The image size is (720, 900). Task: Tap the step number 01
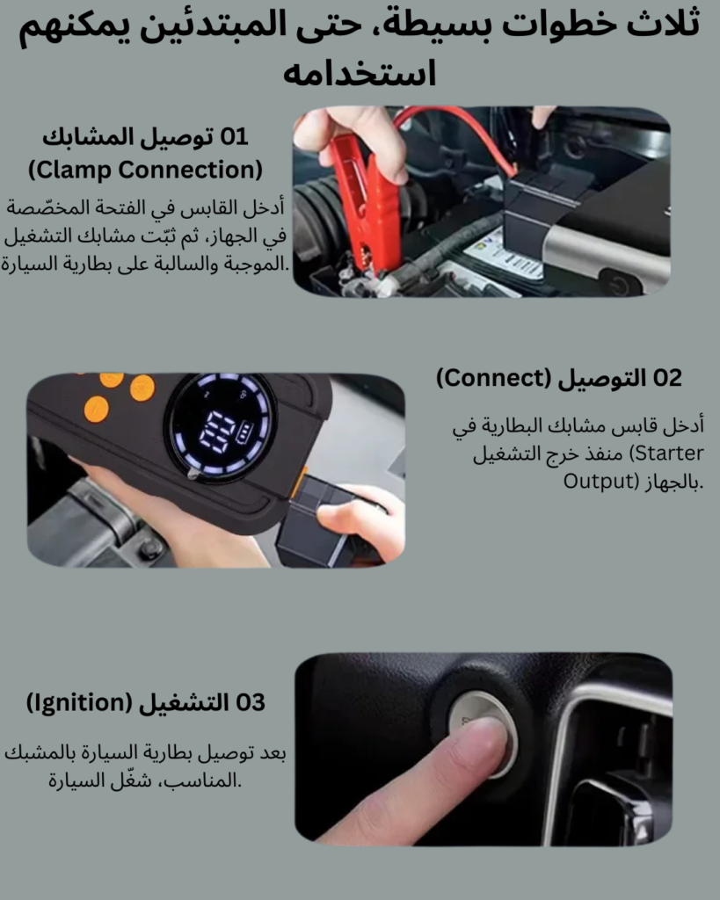coord(234,136)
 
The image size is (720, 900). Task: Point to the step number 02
coord(667,378)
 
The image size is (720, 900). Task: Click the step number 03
coord(250,702)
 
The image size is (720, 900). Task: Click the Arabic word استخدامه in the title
coord(360,72)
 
